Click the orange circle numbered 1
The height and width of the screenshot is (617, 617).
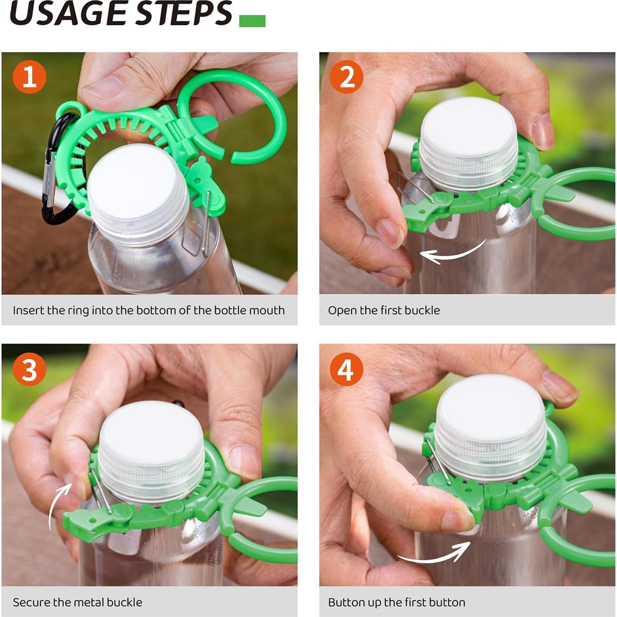pyautogui.click(x=29, y=77)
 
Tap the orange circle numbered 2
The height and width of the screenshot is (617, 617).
pyautogui.click(x=347, y=77)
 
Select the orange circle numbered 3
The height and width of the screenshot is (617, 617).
pyautogui.click(x=29, y=369)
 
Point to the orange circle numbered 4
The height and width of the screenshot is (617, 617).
pyautogui.click(x=347, y=369)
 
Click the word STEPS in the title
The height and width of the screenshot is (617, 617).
pyautogui.click(x=183, y=13)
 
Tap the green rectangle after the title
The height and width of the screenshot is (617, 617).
pyautogui.click(x=252, y=21)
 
